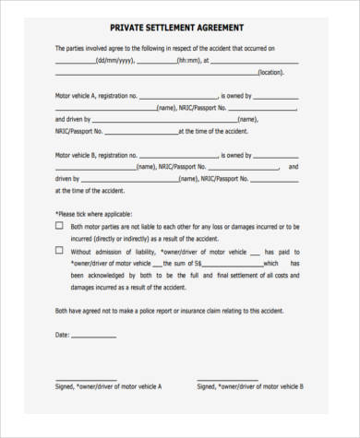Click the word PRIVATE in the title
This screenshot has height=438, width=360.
click(x=128, y=29)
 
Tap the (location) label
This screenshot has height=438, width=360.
click(x=270, y=72)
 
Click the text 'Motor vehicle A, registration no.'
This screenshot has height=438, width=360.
click(x=96, y=95)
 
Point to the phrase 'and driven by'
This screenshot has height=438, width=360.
click(x=73, y=119)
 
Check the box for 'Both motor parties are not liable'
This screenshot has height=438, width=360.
click(x=59, y=225)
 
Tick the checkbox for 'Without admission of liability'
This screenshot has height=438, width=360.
click(x=59, y=250)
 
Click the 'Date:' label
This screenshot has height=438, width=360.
click(x=63, y=334)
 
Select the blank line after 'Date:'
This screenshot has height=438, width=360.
click(x=102, y=337)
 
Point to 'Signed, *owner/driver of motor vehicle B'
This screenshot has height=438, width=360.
click(x=250, y=386)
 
